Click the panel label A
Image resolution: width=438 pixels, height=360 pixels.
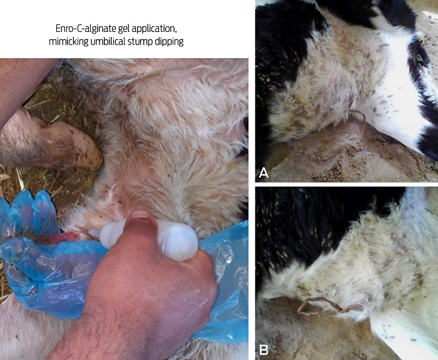[x=263, y=173]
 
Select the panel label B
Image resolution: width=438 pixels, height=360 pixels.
[x=263, y=349]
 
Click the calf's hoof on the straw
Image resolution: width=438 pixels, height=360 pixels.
[x=76, y=145]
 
